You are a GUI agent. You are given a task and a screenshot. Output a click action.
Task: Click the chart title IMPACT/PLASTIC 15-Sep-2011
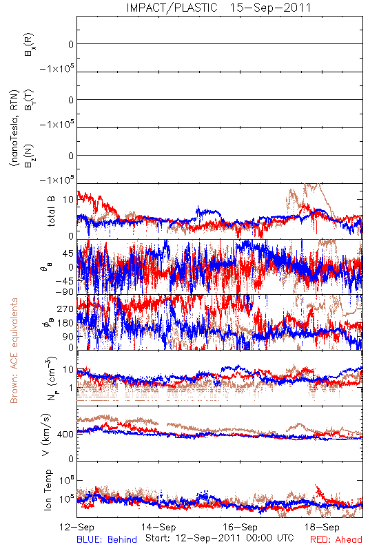[x=218, y=8]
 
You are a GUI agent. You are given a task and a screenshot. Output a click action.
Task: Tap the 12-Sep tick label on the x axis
[x=76, y=527]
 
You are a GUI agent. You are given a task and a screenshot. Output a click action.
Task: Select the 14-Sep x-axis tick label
[x=158, y=527]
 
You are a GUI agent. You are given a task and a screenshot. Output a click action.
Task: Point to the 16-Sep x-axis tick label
[x=240, y=527]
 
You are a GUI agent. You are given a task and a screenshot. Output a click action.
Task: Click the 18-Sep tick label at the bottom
[x=322, y=527]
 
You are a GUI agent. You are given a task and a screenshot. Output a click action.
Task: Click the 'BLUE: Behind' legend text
[x=107, y=540]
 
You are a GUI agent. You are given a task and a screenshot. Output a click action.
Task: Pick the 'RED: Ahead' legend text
[x=336, y=540]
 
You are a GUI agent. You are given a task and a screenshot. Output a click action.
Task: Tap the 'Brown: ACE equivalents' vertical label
[x=14, y=351]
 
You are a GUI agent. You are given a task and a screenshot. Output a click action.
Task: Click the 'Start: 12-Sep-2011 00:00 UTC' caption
[x=220, y=538]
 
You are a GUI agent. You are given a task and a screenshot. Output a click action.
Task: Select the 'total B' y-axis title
[x=51, y=211]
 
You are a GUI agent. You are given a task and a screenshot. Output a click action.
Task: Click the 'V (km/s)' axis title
[x=46, y=435]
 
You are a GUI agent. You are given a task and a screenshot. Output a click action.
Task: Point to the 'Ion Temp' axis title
[x=48, y=490]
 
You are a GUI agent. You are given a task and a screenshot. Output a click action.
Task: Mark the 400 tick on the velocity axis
[x=65, y=435]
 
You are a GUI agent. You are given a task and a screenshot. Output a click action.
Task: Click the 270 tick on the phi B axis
[x=65, y=309]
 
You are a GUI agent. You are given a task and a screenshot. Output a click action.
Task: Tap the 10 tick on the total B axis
[x=68, y=200]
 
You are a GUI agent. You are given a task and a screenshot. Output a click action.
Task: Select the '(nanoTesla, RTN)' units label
[x=14, y=128]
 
